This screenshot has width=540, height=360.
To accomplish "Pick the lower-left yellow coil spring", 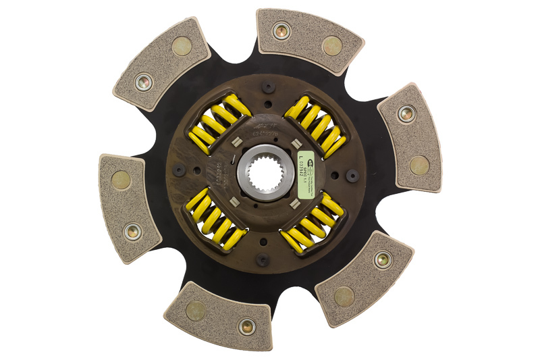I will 215,219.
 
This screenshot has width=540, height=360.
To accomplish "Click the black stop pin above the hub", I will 269,87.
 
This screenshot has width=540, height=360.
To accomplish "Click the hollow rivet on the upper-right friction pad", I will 281,30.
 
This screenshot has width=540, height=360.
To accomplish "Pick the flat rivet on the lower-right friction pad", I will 344,294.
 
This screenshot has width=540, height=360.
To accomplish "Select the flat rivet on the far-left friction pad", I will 121,180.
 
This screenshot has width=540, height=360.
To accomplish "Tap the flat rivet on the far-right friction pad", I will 419,165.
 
